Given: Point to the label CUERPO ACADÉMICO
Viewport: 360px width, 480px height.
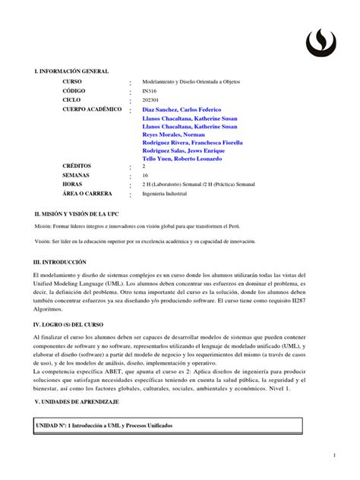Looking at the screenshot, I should [92, 110].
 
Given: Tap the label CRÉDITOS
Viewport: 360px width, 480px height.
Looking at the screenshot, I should [79, 166].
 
